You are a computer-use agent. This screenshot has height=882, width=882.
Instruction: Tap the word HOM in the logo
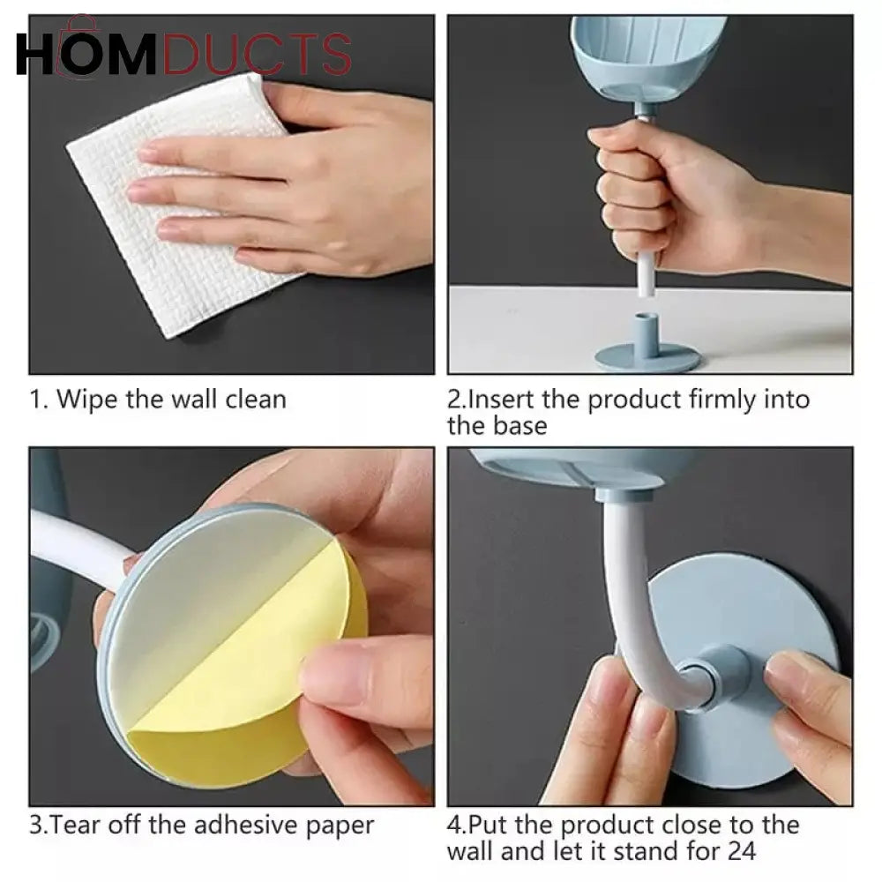point(86,54)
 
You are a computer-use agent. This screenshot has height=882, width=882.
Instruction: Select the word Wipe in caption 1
point(88,400)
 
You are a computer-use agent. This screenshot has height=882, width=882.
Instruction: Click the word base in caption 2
point(520,426)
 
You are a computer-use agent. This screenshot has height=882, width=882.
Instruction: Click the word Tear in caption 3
point(77,826)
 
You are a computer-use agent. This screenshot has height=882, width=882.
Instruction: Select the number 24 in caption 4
point(742,851)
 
